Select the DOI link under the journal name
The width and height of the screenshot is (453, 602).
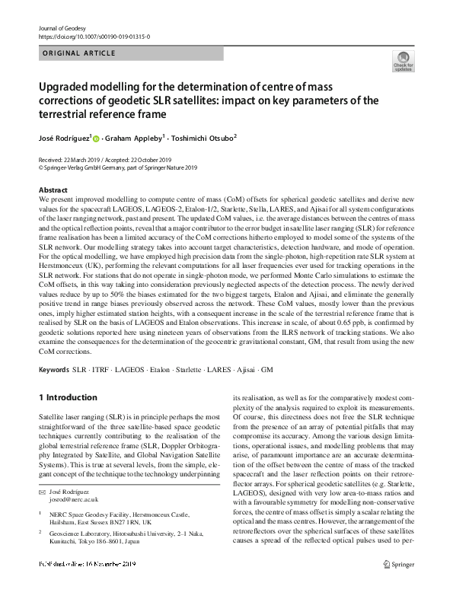tap(93, 36)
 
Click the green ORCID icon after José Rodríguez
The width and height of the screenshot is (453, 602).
tap(97, 139)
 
